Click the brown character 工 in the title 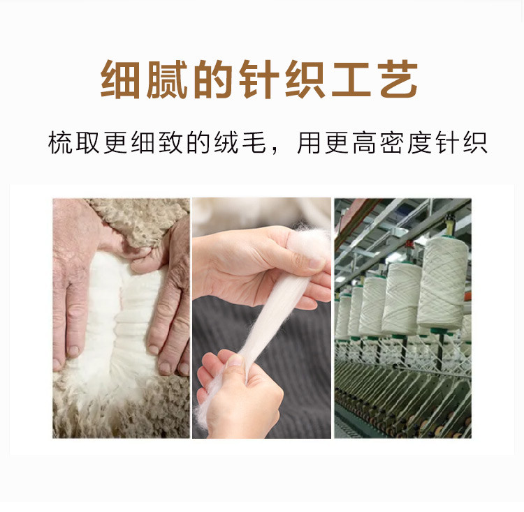click(351, 79)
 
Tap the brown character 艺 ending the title click(398, 79)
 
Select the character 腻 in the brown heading click(166, 79)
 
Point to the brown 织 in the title click(305, 79)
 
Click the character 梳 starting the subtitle click(61, 143)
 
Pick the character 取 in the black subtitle click(88, 143)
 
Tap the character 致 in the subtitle click(170, 143)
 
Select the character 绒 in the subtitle click(226, 143)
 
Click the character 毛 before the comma click(254, 143)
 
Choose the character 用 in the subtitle click(309, 143)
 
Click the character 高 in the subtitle click(364, 143)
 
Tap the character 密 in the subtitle click(392, 143)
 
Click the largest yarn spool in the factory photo click(442, 282)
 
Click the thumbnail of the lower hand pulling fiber click(237, 361)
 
